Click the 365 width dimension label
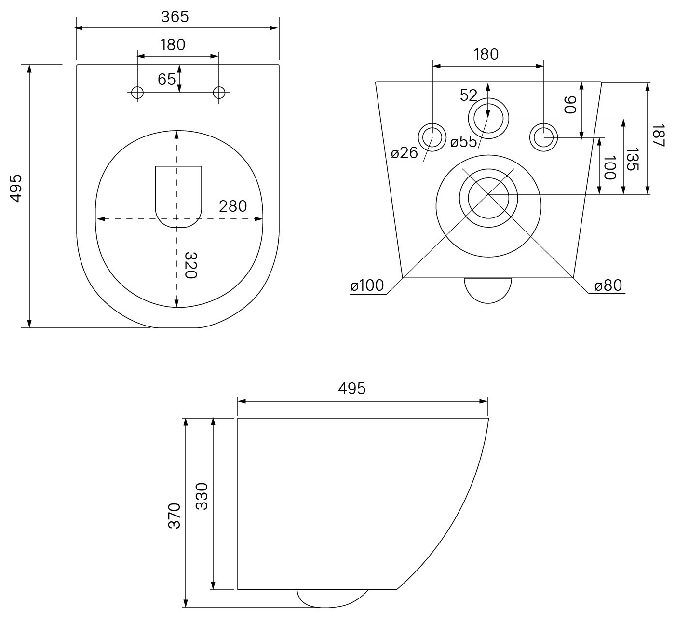pos(175,17)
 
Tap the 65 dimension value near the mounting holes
pos(166,79)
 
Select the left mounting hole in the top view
pos(137,92)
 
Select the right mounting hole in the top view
pos(219,92)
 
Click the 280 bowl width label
pos(233,206)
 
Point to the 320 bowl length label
pos(191,265)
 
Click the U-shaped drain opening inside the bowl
pos(178,197)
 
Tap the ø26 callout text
pos(404,153)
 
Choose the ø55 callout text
pos(464,141)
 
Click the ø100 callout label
pos(367,285)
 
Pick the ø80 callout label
pos(608,285)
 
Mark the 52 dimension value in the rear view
pos(468,95)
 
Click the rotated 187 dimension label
pos(658,136)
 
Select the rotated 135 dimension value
pos(633,159)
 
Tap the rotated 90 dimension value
pos(570,105)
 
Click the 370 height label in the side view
pos(175,516)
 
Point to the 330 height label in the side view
pos(202,496)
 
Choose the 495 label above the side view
pos(352,388)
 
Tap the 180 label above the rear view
pos(486,54)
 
